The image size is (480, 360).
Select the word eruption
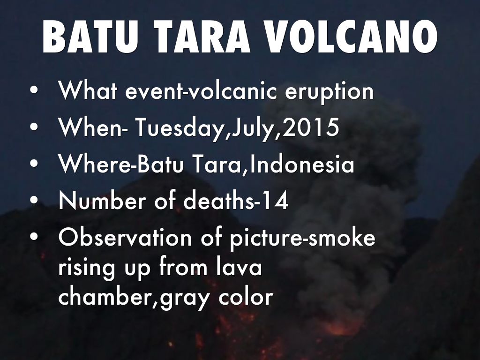click(330, 92)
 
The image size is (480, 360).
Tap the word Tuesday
click(179, 128)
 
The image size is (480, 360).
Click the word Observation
click(125, 238)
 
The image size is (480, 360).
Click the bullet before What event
click(34, 91)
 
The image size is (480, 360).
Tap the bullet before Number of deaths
click(34, 201)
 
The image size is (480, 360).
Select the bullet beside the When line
click(34, 127)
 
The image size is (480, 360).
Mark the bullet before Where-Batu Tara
click(34, 164)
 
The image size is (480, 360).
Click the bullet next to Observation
click(34, 238)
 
